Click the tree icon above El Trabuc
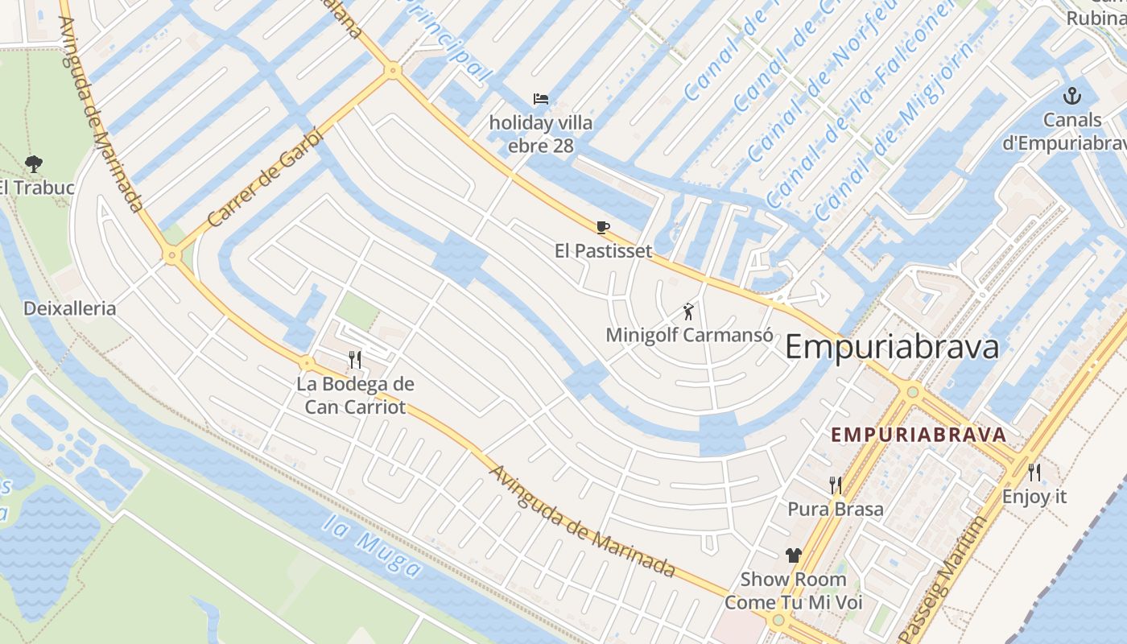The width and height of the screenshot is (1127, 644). point(34,164)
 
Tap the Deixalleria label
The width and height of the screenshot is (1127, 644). point(70,308)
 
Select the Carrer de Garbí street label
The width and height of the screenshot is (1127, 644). point(264,179)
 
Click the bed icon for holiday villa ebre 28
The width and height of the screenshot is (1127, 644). point(541,99)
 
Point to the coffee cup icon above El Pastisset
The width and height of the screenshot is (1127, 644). point(603,227)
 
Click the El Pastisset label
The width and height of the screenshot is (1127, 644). point(603,250)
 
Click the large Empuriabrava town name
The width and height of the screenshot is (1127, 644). point(891,347)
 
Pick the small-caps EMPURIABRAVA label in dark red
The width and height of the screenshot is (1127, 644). point(919,435)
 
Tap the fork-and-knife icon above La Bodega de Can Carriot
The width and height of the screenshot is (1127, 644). point(354,359)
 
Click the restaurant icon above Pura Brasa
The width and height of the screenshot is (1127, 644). point(836,485)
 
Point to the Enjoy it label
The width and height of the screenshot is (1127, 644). point(1034,497)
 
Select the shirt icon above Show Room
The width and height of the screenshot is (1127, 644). point(794,555)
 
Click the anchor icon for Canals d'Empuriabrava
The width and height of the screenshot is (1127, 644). point(1071,97)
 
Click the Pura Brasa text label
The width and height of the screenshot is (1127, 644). point(836,509)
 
